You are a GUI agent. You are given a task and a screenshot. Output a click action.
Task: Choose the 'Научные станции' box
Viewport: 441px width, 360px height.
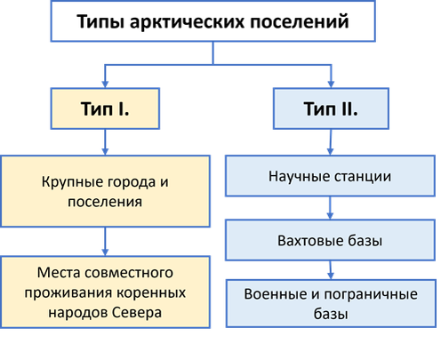pos(331,175)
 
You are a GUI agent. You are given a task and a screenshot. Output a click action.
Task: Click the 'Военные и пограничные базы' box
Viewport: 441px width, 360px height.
pos(331,303)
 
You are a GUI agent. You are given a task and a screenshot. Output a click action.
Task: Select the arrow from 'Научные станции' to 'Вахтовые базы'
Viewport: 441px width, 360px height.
pos(331,207)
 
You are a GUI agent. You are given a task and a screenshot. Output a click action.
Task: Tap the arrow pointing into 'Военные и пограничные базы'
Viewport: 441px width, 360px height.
pos(331,269)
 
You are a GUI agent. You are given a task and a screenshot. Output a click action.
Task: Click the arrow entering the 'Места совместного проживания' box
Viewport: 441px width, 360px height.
pos(106,242)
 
